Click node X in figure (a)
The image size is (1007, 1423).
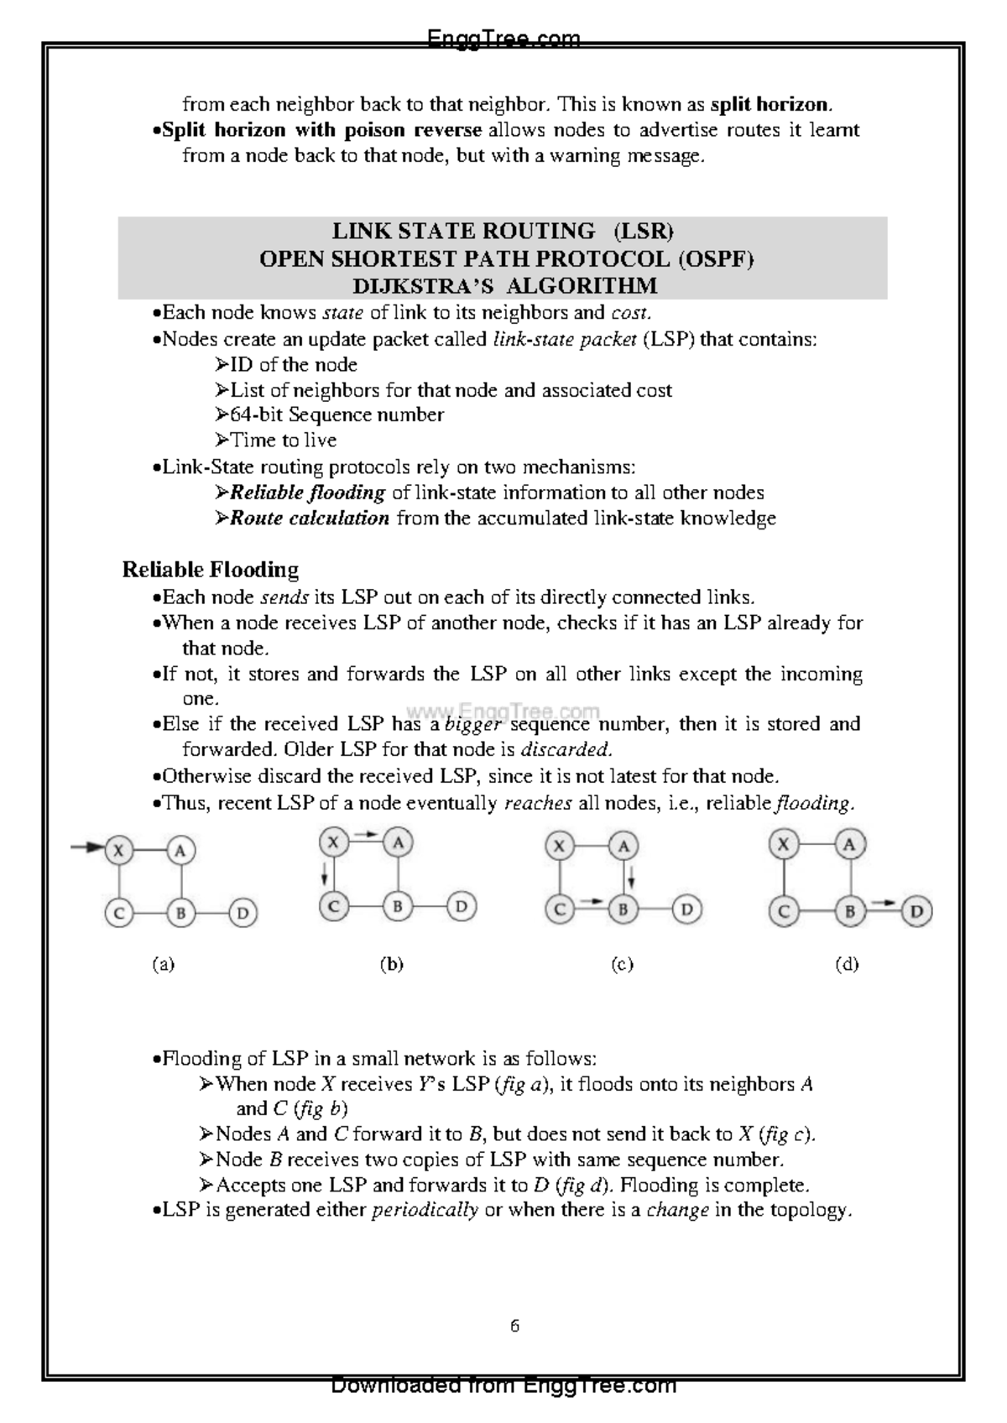[119, 850]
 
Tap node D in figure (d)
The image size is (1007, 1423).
[916, 911]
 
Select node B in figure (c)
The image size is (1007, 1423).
[623, 909]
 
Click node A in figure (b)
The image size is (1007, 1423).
[398, 842]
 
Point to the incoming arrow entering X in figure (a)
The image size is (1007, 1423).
[87, 847]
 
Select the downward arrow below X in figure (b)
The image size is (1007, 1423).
[323, 876]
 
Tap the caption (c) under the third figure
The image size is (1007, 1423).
[622, 964]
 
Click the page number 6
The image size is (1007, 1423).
[514, 1326]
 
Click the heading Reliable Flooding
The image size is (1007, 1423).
[210, 570]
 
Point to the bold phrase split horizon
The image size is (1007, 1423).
[770, 105]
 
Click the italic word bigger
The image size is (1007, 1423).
[472, 724]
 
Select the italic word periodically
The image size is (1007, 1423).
[425, 1210]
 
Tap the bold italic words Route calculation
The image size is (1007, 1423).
[309, 518]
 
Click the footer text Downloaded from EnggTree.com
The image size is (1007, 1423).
[503, 1384]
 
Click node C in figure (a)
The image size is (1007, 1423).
[119, 912]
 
